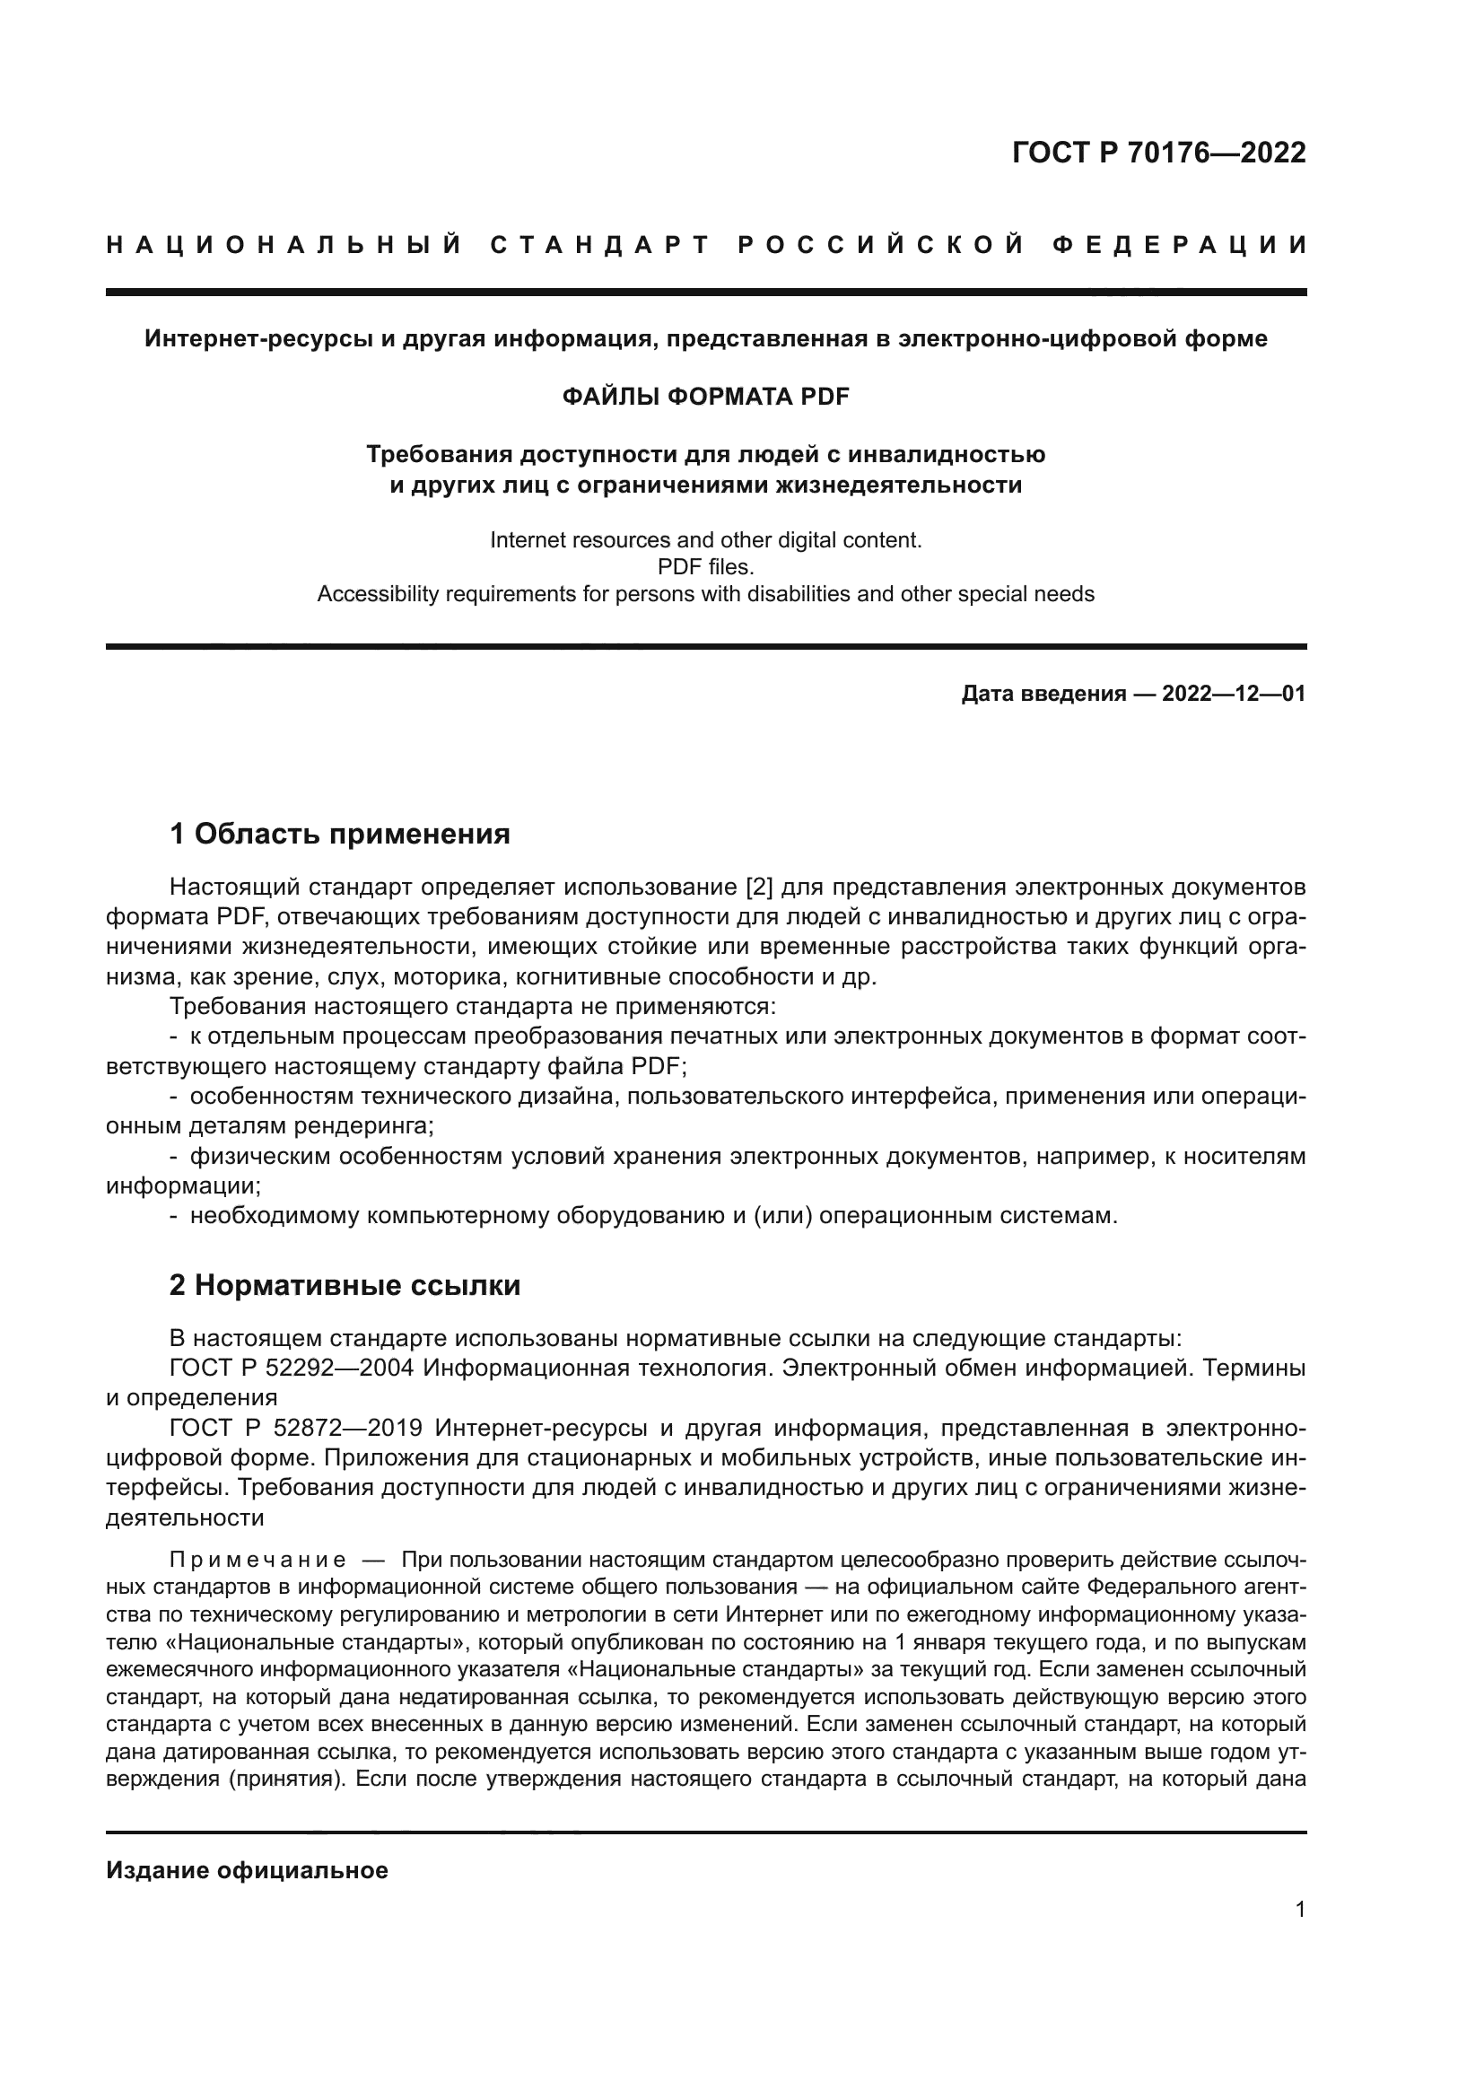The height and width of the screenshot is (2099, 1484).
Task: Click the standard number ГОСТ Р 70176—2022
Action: pyautogui.click(x=1158, y=153)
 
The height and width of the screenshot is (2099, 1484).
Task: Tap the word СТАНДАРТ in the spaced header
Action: pyautogui.click(x=599, y=245)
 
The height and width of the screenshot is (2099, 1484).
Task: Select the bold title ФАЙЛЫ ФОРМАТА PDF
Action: pyautogui.click(x=704, y=396)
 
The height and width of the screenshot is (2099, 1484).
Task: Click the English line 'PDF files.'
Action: pyautogui.click(x=704, y=567)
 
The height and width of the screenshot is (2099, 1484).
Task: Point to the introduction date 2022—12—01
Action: pyautogui.click(x=1233, y=694)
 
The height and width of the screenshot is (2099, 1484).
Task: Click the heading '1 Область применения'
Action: pyautogui.click(x=339, y=834)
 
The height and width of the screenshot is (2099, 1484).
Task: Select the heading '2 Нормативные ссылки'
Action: pyautogui.click(x=345, y=1285)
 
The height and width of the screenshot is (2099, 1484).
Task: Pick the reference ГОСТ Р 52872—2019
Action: pyautogui.click(x=295, y=1428)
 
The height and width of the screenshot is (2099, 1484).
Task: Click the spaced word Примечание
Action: pyautogui.click(x=257, y=1560)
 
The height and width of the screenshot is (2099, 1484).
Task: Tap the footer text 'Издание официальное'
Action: pyautogui.click(x=247, y=1870)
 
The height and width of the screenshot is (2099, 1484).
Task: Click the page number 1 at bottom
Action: pyautogui.click(x=1299, y=1910)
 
